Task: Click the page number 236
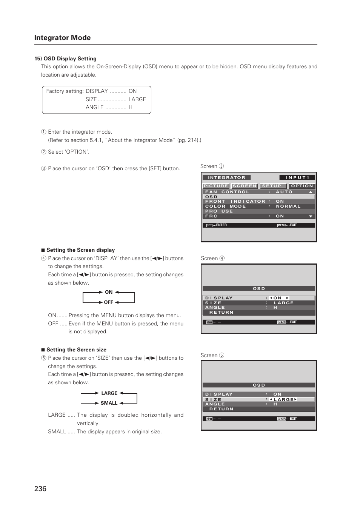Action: (40, 488)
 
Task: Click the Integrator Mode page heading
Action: (62, 38)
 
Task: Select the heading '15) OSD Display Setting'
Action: (65, 59)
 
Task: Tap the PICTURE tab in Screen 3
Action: (216, 186)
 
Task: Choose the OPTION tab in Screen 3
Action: (302, 186)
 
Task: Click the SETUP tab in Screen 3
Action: (272, 186)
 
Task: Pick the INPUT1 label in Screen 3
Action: (297, 177)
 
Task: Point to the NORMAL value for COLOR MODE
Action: (288, 206)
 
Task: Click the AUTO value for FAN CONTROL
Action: (284, 192)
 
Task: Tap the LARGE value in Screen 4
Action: (283, 303)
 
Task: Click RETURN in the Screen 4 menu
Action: (222, 312)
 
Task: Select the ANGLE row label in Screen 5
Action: (215, 404)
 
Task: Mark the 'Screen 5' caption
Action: (212, 355)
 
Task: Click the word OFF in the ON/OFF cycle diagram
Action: (109, 302)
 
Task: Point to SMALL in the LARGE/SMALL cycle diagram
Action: (109, 403)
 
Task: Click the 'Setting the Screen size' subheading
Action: (76, 350)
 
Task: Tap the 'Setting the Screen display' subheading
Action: (80, 250)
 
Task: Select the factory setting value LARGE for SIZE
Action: (137, 99)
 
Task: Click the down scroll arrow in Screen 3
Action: (311, 216)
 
